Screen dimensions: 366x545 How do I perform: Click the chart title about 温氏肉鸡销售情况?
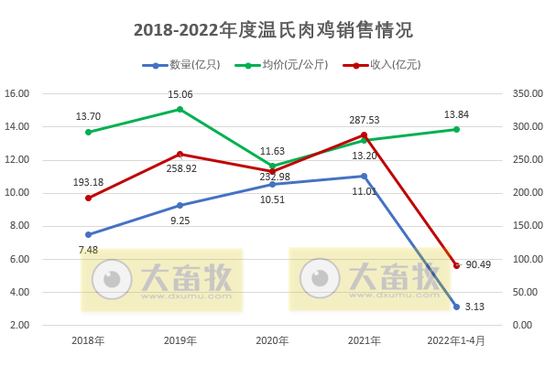pyautogui.click(x=273, y=30)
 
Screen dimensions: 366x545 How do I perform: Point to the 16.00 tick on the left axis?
pyautogui.click(x=17, y=93)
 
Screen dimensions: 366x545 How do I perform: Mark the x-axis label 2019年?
pyautogui.click(x=180, y=341)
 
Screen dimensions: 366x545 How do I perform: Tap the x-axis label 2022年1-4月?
pyautogui.click(x=456, y=341)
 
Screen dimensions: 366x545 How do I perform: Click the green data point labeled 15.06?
pyautogui.click(x=180, y=109)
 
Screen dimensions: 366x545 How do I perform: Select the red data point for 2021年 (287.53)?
pyautogui.click(x=364, y=135)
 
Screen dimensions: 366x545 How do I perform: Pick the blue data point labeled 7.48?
pyautogui.click(x=88, y=234)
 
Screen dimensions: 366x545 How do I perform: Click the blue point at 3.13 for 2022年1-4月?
pyautogui.click(x=456, y=307)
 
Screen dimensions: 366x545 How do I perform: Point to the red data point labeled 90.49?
pyautogui.click(x=456, y=265)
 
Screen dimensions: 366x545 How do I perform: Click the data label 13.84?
pyautogui.click(x=456, y=113)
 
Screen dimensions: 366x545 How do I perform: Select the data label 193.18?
pyautogui.click(x=88, y=182)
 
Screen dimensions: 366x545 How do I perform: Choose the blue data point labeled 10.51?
pyautogui.click(x=272, y=184)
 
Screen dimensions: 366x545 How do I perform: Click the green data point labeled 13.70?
pyautogui.click(x=88, y=132)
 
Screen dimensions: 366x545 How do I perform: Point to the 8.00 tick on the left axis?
pyautogui.click(x=19, y=226)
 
